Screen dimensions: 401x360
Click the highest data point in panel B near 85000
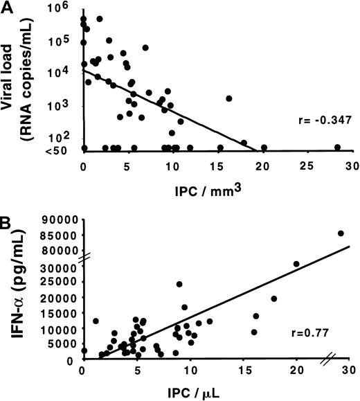click(341, 233)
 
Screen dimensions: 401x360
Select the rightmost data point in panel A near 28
click(337, 147)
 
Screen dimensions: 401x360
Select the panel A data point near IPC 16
click(229, 98)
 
